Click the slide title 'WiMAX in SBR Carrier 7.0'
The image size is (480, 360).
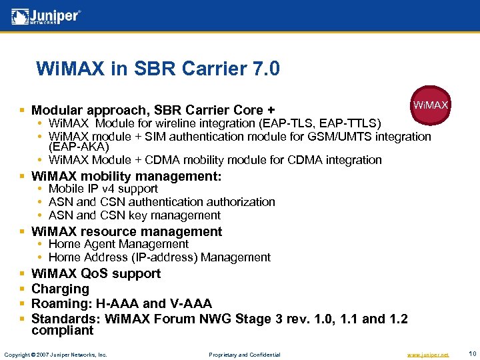158,69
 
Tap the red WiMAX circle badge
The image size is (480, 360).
430,105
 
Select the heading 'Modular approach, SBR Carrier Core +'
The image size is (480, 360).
153,110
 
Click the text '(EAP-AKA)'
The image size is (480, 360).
79,147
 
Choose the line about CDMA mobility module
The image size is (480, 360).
215,160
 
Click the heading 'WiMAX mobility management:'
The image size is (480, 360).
126,177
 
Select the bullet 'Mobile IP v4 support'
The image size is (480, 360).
103,189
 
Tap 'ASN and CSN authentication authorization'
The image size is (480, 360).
161,202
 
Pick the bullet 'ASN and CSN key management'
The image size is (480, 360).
134,215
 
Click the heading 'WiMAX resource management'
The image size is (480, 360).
127,231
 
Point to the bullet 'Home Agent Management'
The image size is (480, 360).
118,244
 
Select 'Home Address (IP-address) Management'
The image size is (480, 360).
159,257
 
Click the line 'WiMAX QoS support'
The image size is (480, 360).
96,273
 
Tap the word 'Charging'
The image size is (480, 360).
60,289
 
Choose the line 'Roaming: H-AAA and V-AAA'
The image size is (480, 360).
121,303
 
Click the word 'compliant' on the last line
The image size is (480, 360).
63,331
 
